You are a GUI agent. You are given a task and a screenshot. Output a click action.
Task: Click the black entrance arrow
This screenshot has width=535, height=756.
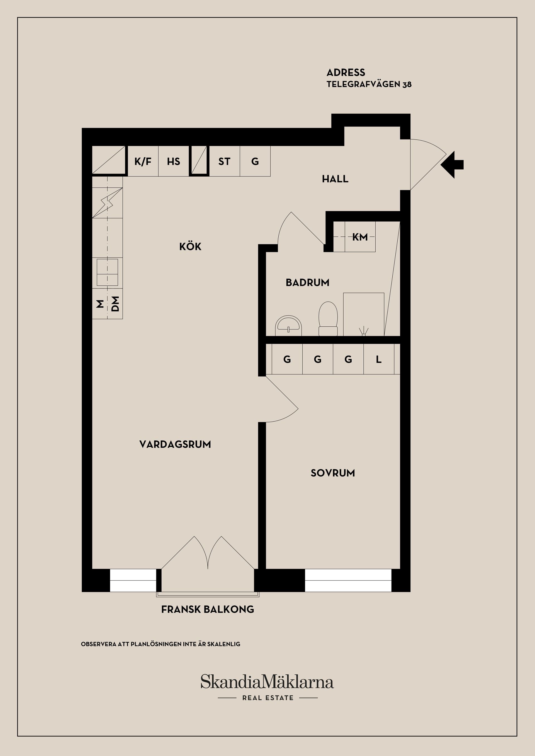[453, 165]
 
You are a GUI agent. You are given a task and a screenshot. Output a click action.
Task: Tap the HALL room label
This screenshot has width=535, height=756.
[335, 179]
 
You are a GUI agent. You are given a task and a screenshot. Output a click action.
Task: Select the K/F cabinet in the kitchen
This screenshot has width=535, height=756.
[143, 161]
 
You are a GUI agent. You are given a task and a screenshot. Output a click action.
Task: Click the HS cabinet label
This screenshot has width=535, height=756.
[174, 161]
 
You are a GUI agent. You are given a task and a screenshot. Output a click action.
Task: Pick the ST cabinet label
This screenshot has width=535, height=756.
[224, 161]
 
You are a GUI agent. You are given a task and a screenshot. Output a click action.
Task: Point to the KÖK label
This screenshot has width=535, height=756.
[190, 247]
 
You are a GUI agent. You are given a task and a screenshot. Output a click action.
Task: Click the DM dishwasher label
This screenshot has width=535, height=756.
[115, 304]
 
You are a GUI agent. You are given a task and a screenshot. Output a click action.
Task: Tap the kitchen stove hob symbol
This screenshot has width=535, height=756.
[107, 272]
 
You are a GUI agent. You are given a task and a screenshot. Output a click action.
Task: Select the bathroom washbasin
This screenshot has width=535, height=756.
[288, 326]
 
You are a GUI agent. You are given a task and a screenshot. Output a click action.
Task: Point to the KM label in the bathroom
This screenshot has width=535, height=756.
[360, 237]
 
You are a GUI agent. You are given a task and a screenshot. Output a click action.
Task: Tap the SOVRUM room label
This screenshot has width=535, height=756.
[333, 473]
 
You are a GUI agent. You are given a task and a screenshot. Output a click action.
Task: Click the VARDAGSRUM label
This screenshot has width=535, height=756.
[175, 444]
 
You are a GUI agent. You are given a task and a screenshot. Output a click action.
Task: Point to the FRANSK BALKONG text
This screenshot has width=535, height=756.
[208, 610]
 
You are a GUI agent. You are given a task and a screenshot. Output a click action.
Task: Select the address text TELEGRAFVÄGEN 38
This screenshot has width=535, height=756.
[369, 84]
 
